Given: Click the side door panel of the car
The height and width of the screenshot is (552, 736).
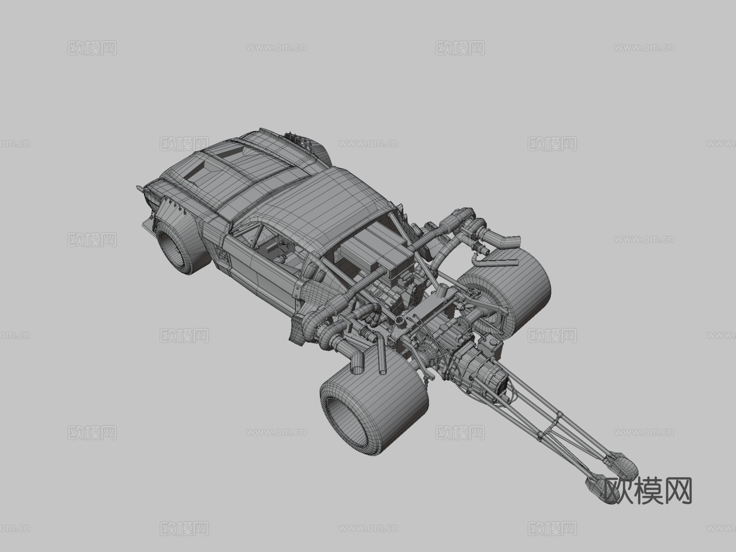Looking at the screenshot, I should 262,274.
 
